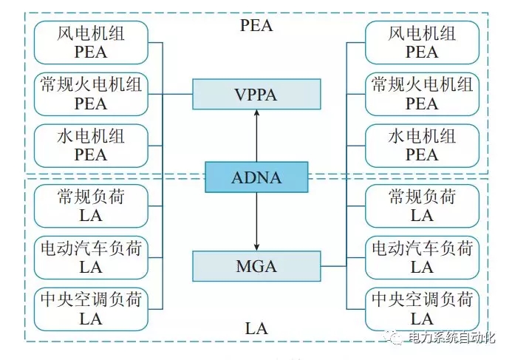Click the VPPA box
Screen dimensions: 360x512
pyautogui.click(x=257, y=94)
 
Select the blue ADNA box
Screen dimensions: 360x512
pyautogui.click(x=257, y=178)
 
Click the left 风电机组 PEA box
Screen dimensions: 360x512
pyautogui.click(x=91, y=42)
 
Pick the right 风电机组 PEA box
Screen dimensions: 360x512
pyautogui.click(x=422, y=42)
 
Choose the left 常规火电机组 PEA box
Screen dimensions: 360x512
pyautogui.click(x=91, y=94)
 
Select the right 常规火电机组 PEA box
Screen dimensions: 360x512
pyautogui.click(x=422, y=94)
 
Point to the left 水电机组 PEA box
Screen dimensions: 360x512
pyautogui.click(x=91, y=145)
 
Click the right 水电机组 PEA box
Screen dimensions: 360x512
pyautogui.click(x=422, y=145)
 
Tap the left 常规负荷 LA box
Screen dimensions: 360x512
pyautogui.click(x=91, y=206)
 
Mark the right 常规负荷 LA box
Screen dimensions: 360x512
pyautogui.click(x=422, y=206)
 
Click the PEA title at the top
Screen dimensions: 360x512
pyautogui.click(x=256, y=25)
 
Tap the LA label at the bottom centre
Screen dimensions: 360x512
pyautogui.click(x=256, y=326)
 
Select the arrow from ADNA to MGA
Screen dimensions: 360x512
pyautogui.click(x=257, y=221)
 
